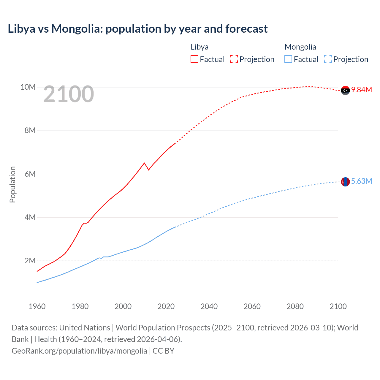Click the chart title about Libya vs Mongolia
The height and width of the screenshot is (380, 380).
point(138,29)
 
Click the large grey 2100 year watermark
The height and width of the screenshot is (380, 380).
point(69,94)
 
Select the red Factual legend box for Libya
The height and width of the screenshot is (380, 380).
point(194,59)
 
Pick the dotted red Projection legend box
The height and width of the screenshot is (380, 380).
point(234,59)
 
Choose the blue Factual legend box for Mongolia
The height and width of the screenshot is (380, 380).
point(288,59)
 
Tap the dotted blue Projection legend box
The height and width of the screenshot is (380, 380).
point(328,59)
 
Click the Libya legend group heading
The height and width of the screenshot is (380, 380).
point(199,47)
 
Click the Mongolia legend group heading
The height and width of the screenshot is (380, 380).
point(300,47)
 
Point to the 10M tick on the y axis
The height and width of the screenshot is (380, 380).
point(28,87)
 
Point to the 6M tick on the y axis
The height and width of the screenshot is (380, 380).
point(30,174)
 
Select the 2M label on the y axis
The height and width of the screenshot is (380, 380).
point(30,261)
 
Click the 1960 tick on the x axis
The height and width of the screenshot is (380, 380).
point(37,306)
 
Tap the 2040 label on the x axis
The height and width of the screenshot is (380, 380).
point(209,306)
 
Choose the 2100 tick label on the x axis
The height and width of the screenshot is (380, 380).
point(338,306)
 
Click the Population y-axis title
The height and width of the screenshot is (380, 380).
point(12,184)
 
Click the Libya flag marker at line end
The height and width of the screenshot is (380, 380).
point(345,90)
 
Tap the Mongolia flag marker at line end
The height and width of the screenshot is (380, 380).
point(345,182)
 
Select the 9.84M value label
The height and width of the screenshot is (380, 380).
point(362,90)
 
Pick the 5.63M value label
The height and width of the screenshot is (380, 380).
point(362,181)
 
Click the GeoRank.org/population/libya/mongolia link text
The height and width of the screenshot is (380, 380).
point(79,351)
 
